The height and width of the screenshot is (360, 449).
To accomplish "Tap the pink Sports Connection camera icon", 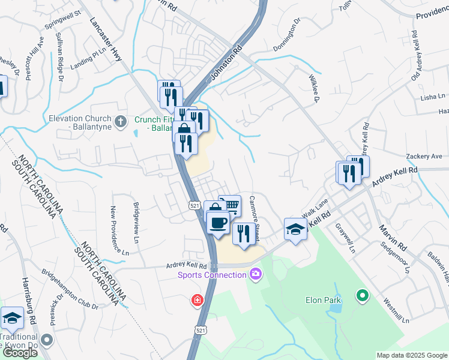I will click(256, 275).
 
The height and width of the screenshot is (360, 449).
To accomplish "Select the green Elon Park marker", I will click(362, 295).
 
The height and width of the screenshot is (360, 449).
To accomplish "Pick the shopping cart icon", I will click(229, 206).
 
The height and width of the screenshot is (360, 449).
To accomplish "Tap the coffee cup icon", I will click(218, 223).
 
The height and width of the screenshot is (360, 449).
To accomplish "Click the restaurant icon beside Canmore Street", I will click(243, 232).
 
